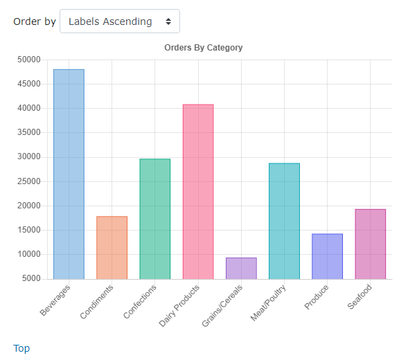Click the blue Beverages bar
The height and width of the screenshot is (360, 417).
[x=69, y=174]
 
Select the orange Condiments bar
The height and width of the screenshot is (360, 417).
[x=112, y=248]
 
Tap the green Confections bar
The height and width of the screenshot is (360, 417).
[x=154, y=219]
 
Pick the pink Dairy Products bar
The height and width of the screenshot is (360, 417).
[x=198, y=192]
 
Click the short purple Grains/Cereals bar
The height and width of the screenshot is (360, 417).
[x=241, y=268]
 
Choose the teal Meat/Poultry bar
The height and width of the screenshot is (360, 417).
[x=284, y=221]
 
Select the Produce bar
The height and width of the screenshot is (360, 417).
[x=327, y=256]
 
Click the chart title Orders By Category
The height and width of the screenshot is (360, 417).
[x=203, y=48]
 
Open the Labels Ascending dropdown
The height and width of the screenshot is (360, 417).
[x=120, y=21]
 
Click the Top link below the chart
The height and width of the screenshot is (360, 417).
[x=21, y=348]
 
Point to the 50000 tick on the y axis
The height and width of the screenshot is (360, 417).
[x=28, y=60]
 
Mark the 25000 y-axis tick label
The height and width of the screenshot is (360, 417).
[x=28, y=181]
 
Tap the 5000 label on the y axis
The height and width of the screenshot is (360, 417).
[x=31, y=278]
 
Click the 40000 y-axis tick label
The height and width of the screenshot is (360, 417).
[x=28, y=108]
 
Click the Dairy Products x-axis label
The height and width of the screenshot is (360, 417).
[x=179, y=305]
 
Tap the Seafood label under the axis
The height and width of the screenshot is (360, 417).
[x=360, y=297]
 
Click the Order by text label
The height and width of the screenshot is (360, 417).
[x=35, y=21]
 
